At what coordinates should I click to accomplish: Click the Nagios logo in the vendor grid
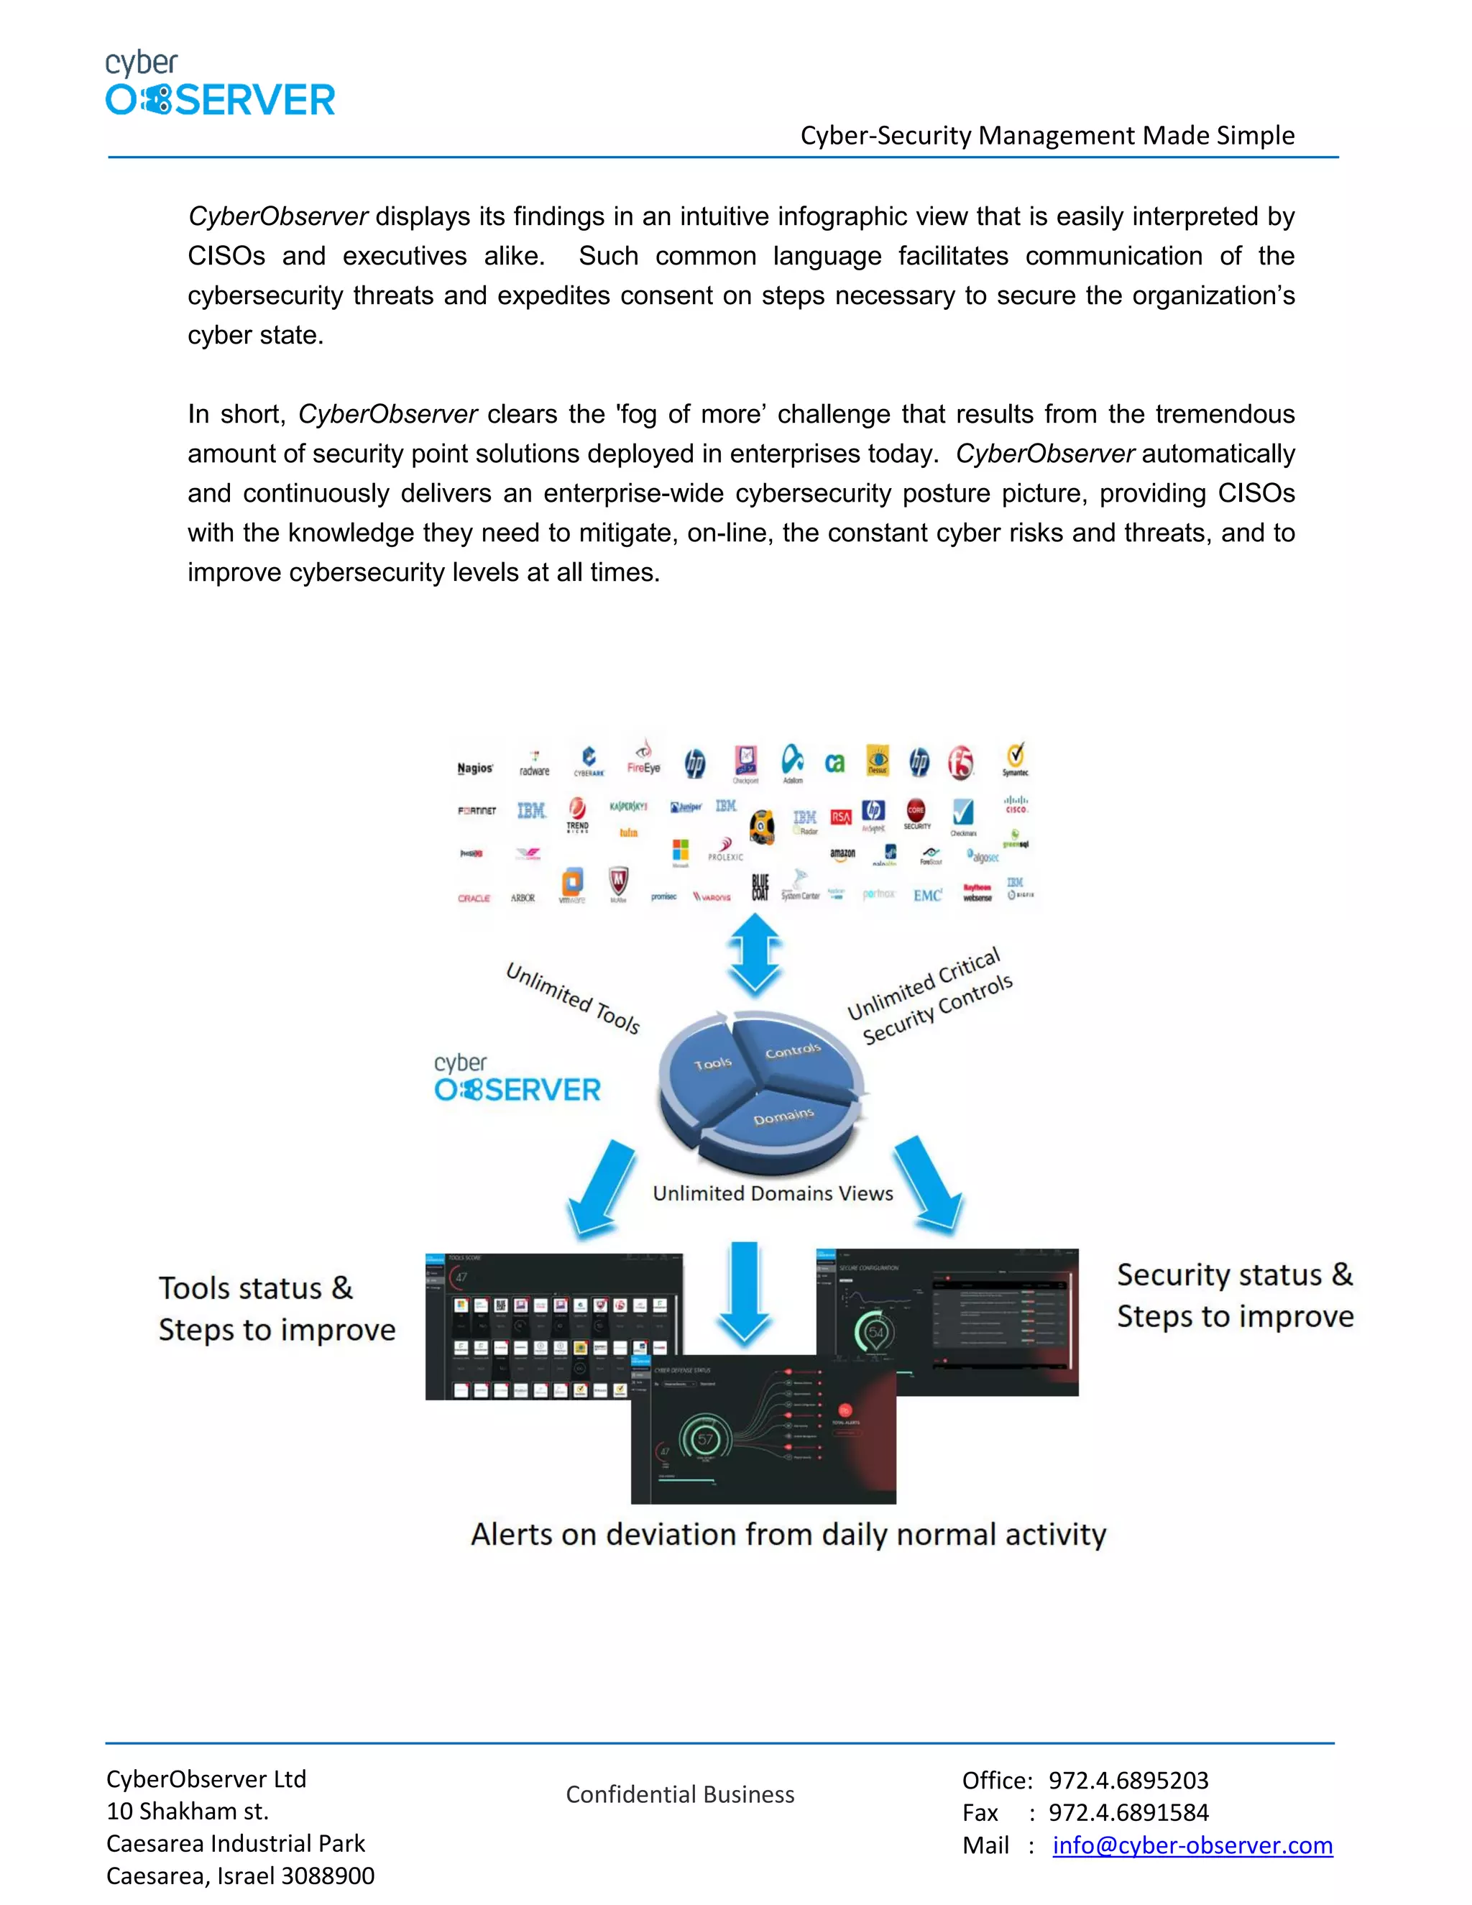coord(475,768)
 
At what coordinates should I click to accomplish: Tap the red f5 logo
coord(961,762)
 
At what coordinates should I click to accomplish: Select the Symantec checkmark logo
coord(1015,757)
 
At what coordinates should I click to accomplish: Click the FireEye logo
coord(643,759)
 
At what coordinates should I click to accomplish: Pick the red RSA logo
coord(841,817)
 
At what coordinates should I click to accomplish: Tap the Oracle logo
coord(474,898)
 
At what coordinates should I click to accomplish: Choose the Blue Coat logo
coord(760,887)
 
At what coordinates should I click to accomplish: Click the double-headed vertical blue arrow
coord(755,955)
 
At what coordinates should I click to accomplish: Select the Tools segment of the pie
coord(711,1066)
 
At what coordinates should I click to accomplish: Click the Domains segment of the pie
coord(783,1119)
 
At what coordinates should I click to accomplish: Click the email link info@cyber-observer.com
coord(1192,1845)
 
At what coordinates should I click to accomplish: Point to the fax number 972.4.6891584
coord(1128,1812)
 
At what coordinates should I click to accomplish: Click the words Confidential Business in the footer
coord(680,1794)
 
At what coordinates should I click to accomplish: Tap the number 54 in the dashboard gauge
coord(875,1332)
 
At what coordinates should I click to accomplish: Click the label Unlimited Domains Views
coord(773,1193)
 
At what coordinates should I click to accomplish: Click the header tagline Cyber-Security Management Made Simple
coord(1047,135)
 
